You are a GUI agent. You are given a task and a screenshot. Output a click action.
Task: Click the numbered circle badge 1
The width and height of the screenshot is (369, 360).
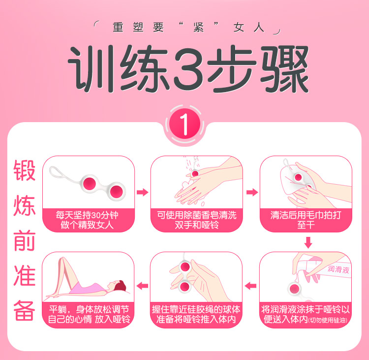point(184,124)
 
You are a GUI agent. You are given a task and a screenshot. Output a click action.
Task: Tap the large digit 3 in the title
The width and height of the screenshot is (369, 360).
point(188,69)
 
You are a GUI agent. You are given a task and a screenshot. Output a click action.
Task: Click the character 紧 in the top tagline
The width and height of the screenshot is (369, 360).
point(198,28)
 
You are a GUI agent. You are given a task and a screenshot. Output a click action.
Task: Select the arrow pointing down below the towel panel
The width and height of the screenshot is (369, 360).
point(308,243)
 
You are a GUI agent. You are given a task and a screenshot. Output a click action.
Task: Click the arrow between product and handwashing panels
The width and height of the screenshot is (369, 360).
point(142,192)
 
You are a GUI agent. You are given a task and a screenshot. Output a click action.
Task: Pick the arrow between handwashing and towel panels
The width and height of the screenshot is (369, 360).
point(252,192)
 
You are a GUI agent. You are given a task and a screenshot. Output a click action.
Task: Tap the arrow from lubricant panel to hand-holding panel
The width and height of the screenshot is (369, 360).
point(250,286)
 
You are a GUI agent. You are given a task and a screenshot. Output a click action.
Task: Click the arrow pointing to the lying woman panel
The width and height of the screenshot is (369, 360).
point(142,286)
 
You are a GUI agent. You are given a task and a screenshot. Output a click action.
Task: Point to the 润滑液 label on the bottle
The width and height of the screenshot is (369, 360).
point(338,269)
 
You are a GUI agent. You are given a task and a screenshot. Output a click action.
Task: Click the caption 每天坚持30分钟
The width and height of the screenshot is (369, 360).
point(87,215)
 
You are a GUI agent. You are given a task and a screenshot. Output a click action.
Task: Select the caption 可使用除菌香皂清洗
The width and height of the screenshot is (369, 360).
point(196,215)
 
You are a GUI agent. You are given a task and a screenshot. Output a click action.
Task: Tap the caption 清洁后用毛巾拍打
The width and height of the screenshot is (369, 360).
point(306,215)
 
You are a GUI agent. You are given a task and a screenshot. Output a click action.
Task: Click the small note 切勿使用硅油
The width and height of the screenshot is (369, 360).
point(328,320)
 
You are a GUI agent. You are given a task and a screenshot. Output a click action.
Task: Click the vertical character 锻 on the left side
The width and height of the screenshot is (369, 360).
point(25,170)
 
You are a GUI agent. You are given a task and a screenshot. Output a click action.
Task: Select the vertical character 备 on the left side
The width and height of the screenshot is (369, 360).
point(25,310)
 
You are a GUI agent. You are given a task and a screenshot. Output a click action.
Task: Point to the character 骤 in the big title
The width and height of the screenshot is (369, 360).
point(284,69)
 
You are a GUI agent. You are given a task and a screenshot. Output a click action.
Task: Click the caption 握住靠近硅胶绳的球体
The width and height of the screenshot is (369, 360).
point(196,309)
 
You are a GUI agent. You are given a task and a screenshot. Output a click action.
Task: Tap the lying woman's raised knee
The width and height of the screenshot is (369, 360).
point(63,260)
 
